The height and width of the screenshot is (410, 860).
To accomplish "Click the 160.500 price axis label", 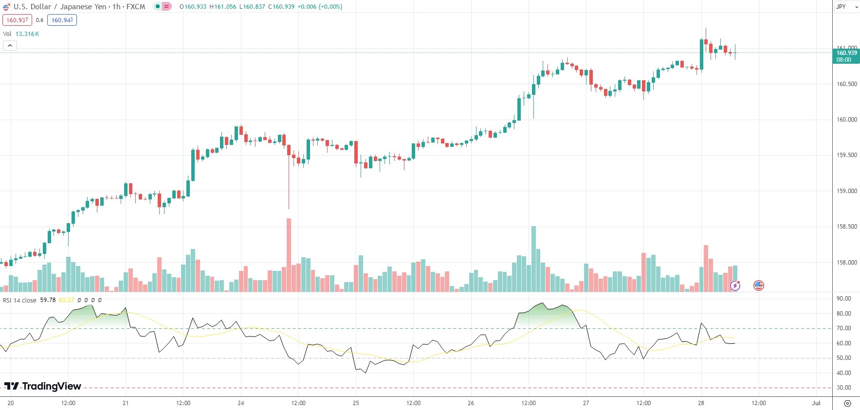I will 846,84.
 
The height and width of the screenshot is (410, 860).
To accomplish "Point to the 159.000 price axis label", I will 846,191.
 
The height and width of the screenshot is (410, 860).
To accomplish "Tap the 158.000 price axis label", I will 846,263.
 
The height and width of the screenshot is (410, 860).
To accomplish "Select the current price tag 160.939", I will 846,53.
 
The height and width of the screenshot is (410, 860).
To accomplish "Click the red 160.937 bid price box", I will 17,20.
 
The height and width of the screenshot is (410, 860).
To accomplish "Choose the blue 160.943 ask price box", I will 62,20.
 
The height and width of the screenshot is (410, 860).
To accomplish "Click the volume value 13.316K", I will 27,34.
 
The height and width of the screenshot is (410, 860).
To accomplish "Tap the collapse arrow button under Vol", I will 10,45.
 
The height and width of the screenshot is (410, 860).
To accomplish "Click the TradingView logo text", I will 43,386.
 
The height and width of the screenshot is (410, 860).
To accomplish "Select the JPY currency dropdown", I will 845,7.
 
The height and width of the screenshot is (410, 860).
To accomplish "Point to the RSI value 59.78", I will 48,300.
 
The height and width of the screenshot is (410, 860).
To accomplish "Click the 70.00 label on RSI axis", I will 843,328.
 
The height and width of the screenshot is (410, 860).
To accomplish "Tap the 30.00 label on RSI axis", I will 843,388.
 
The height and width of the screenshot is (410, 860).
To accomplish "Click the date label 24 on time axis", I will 241,403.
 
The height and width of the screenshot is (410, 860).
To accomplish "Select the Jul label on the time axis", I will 816,403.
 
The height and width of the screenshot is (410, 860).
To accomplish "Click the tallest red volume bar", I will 289,255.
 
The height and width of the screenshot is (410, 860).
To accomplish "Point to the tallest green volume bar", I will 534,259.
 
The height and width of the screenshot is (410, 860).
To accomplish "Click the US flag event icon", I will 758,285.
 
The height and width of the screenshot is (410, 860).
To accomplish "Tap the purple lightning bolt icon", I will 735,285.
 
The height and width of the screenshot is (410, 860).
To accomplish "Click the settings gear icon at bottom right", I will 847,403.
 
